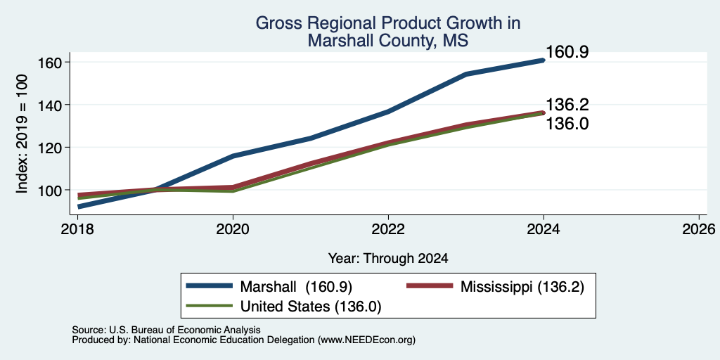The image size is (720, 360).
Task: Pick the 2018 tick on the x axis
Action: click(78, 229)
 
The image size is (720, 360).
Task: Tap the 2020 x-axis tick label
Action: click(233, 229)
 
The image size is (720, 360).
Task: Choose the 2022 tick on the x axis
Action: click(388, 229)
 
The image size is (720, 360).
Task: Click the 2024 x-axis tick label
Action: click(544, 229)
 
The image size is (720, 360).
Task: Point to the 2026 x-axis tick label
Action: click(699, 229)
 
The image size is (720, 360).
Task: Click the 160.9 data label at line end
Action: click(567, 52)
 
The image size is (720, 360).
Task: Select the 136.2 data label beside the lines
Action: click(567, 105)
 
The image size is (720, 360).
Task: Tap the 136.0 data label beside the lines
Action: click(567, 124)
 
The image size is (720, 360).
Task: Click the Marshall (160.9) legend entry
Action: click(269, 287)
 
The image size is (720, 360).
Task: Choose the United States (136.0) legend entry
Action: click(284, 306)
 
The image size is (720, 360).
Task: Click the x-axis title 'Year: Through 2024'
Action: click(388, 259)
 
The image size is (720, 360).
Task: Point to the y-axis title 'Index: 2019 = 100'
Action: click(22, 134)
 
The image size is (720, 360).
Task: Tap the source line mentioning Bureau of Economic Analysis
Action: click(166, 330)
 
